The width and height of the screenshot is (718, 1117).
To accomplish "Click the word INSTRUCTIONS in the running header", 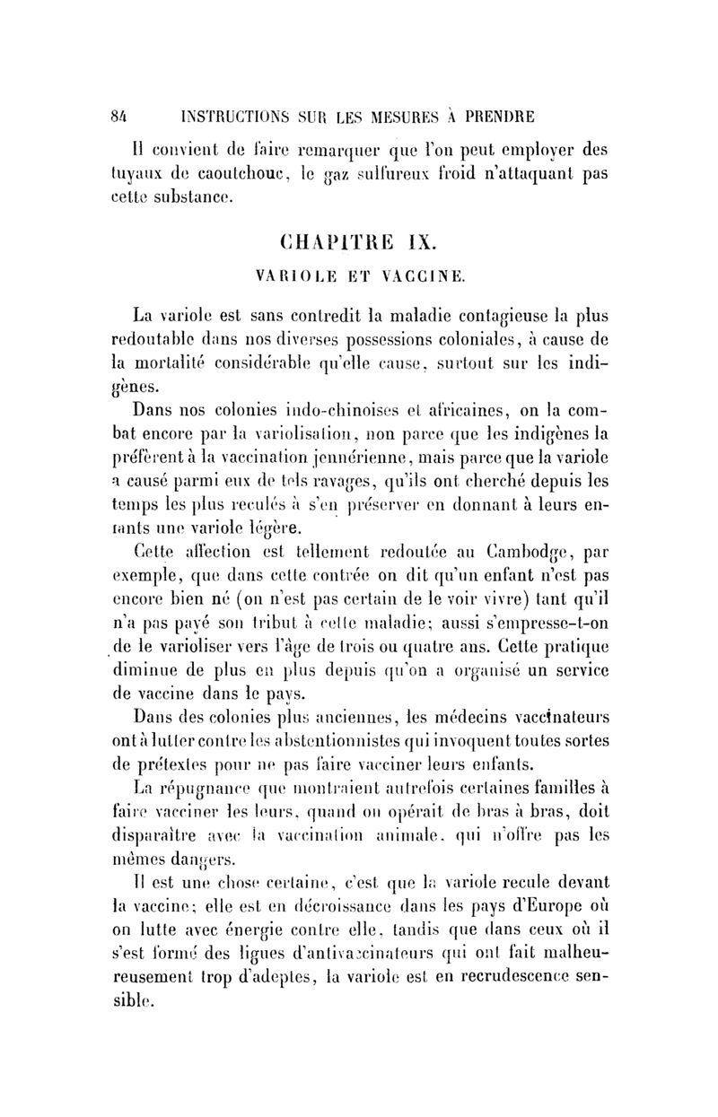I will point(241,116).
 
